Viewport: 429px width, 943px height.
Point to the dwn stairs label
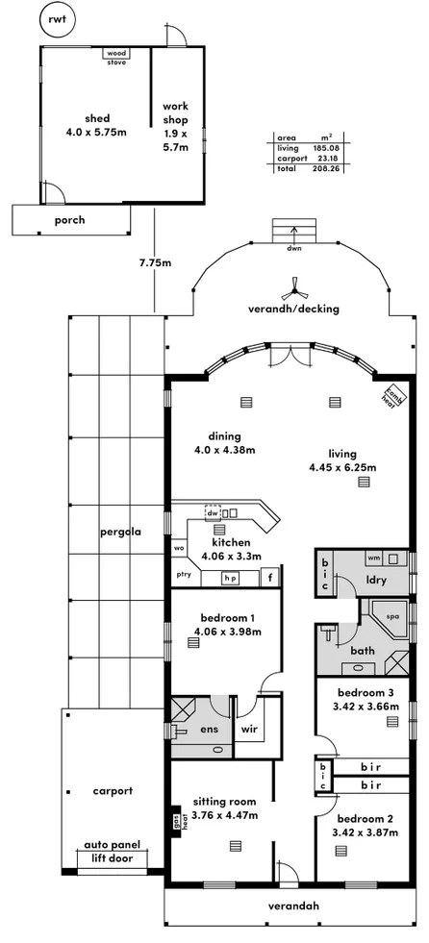(294, 247)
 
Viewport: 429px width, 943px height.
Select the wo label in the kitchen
(179, 549)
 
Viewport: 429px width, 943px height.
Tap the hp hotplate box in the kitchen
(230, 578)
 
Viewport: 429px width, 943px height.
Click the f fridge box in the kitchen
(271, 577)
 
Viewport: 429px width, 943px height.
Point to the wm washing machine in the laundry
(373, 558)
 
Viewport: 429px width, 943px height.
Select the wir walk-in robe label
(248, 730)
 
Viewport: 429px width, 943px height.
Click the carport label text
(113, 791)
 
